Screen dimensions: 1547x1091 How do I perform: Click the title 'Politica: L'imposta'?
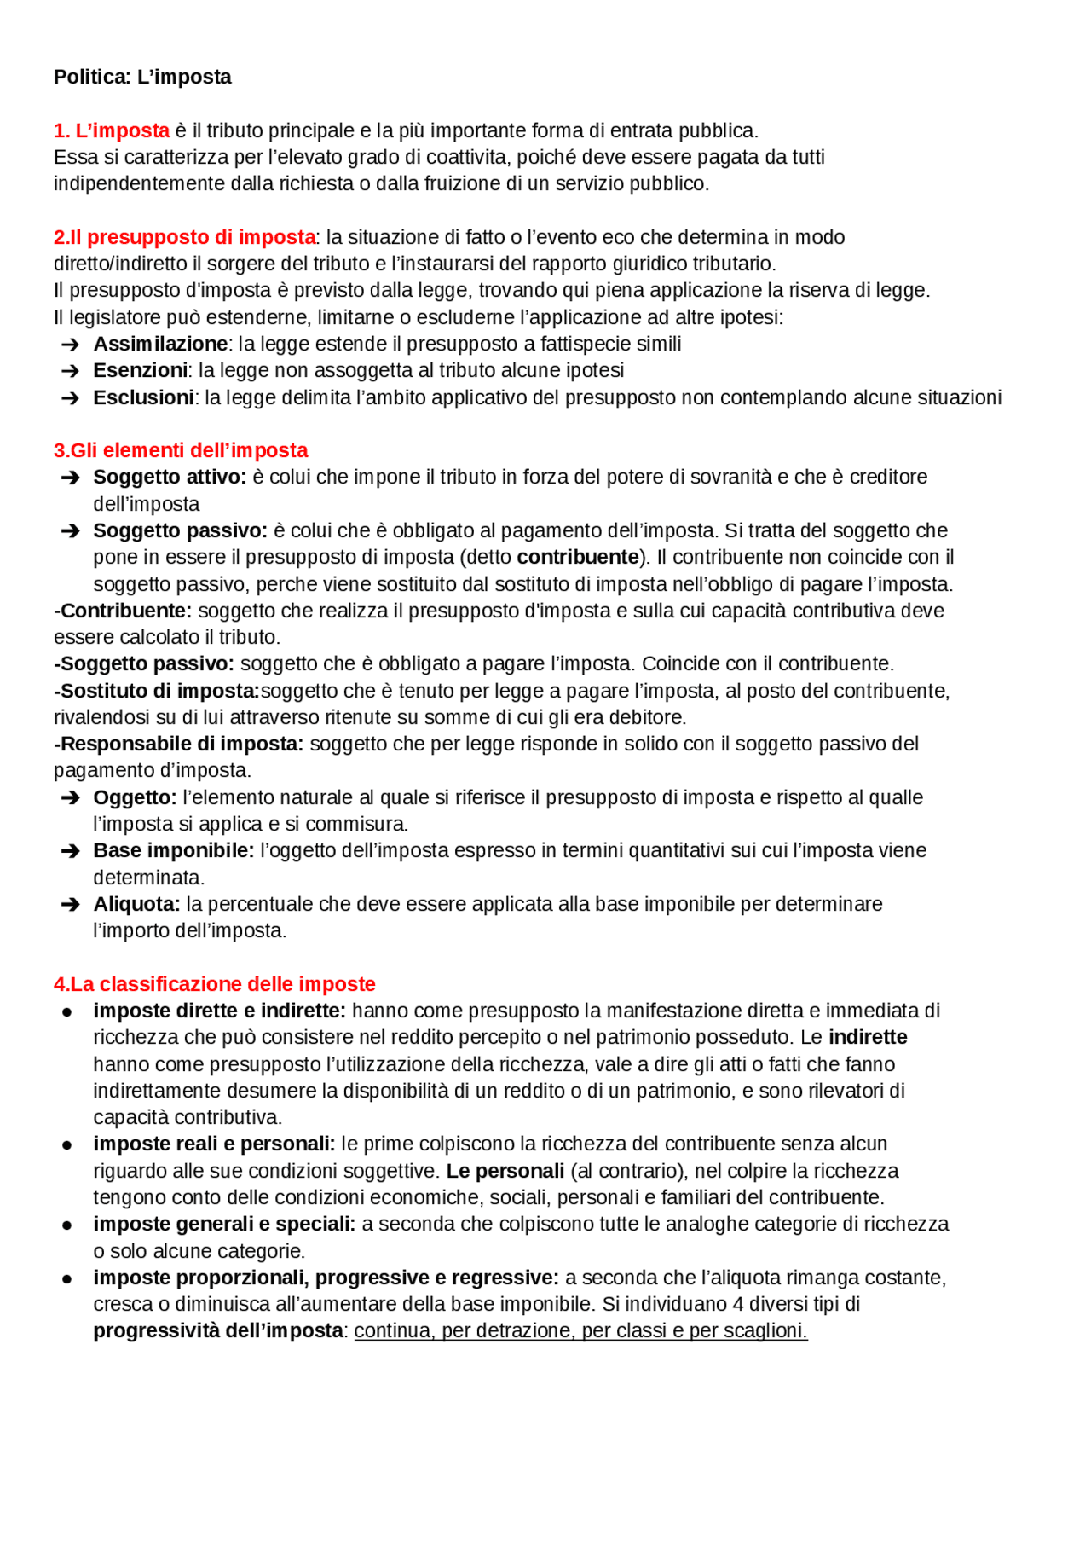point(142,77)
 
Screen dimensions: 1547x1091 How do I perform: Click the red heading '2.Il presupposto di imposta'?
point(184,237)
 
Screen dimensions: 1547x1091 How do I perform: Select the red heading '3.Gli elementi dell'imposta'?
point(181,450)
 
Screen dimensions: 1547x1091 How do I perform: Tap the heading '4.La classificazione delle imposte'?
point(215,984)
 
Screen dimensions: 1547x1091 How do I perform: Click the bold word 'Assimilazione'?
point(160,344)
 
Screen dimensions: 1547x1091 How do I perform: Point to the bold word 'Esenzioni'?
point(140,370)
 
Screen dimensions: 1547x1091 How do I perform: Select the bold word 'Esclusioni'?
point(143,397)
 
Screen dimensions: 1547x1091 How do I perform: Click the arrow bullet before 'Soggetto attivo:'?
point(70,478)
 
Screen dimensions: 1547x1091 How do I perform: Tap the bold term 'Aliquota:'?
point(136,904)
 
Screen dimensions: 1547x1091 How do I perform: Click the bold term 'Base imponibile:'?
point(173,850)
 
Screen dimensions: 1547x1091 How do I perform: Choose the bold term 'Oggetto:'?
point(135,797)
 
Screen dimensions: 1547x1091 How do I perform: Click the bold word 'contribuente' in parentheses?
point(578,557)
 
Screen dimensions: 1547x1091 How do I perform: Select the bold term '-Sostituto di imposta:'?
point(157,691)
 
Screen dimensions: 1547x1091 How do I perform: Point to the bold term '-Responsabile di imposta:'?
point(179,744)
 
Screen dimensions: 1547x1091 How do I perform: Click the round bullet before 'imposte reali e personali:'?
point(66,1144)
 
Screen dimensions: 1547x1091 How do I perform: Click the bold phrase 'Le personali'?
point(505,1171)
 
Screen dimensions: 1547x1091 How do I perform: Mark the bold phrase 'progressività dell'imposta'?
point(218,1330)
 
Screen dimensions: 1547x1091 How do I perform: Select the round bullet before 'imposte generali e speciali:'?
point(66,1225)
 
